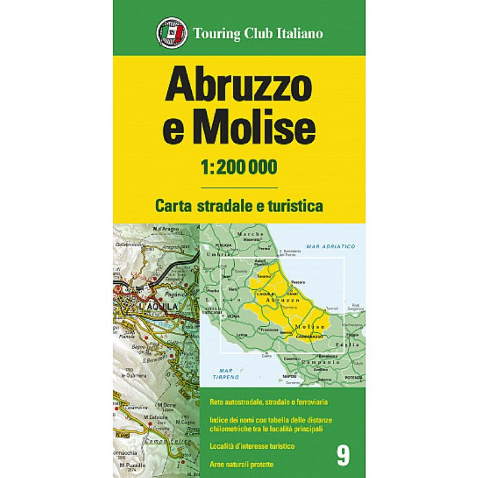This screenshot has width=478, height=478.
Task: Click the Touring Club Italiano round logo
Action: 170,33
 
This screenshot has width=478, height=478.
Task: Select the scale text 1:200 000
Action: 239,168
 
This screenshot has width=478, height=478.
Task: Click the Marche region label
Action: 249,234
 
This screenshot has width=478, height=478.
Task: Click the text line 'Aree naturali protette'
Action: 241,464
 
